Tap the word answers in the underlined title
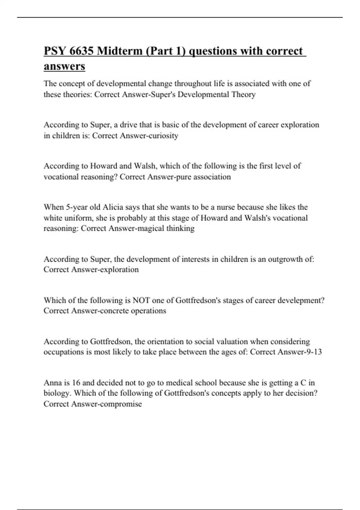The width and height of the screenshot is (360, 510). point(64,66)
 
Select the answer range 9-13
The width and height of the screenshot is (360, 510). point(314,352)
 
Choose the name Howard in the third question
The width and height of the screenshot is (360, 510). point(104,166)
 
